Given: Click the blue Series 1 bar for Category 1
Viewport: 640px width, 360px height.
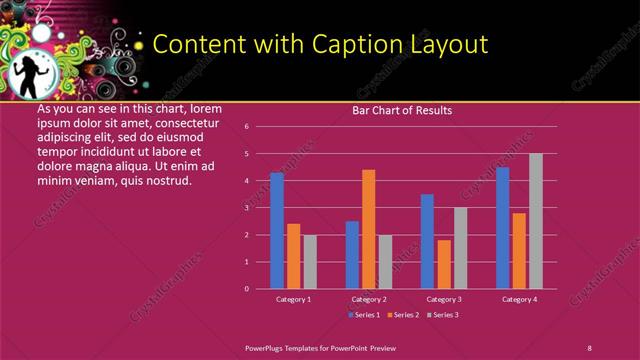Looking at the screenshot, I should coord(277,230).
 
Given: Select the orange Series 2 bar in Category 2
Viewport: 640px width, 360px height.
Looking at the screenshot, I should coord(369,228).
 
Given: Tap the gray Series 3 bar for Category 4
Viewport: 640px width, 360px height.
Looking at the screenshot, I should coord(536,220).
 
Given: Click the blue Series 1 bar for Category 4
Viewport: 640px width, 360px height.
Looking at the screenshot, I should coord(502,227).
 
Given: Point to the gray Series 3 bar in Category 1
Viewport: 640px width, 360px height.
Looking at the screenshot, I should coord(310,261).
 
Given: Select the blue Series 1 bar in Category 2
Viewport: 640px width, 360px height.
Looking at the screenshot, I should coord(352,254).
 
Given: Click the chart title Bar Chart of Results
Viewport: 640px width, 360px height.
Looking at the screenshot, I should coord(402,110).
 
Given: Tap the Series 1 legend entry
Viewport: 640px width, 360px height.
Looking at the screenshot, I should coord(364,315).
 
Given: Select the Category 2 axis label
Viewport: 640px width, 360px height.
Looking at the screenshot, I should coord(369,299).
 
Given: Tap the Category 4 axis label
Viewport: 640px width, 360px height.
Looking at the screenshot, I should coord(519,299).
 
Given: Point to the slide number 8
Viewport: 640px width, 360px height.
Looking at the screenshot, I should coord(589,347).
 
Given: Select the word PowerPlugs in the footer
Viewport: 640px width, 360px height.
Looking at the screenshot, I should coord(268,347).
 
